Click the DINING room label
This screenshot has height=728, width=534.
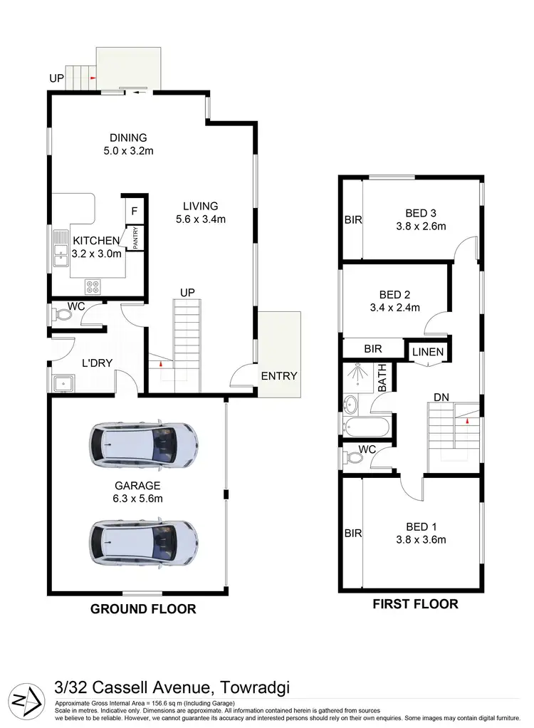tap(128, 137)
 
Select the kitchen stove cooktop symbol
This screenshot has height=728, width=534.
tap(93, 286)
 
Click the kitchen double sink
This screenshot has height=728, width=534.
tap(59, 251)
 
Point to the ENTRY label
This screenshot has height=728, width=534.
tap(278, 376)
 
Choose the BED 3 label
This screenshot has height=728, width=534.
tap(420, 213)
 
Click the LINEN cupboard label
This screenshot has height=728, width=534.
tap(427, 352)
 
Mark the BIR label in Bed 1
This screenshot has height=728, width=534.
tap(352, 532)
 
